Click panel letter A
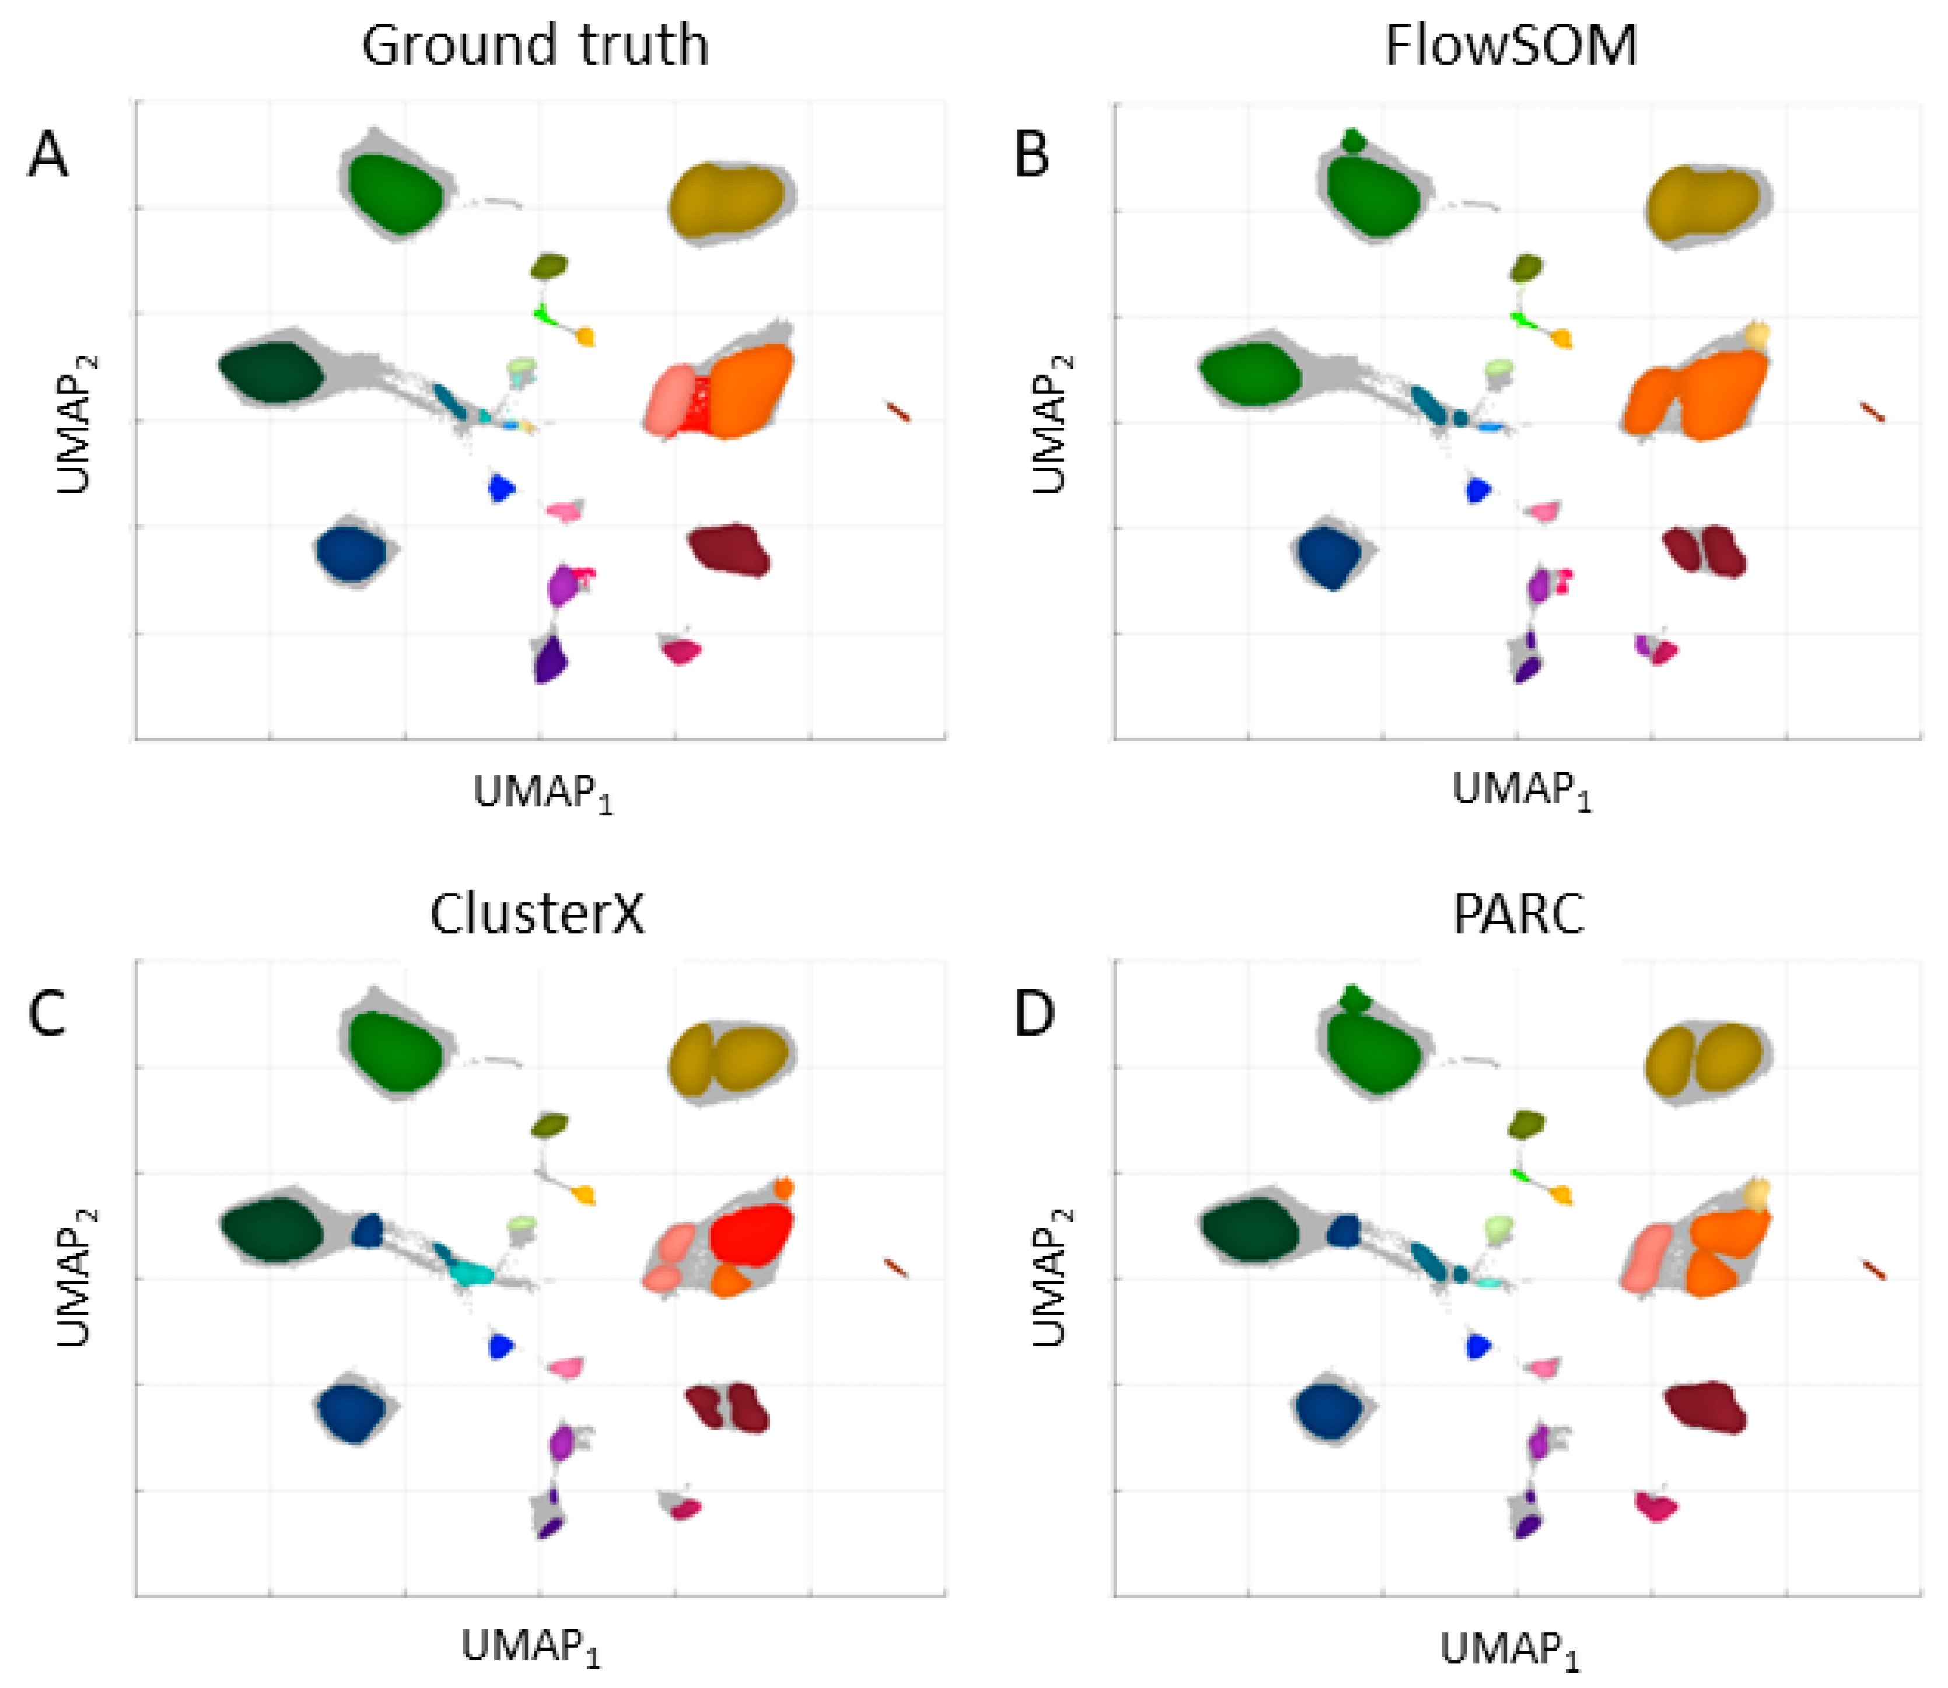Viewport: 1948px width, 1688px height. pyautogui.click(x=48, y=155)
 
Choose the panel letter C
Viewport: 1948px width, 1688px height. pyautogui.click(x=48, y=1014)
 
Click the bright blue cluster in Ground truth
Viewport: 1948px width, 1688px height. pyautogui.click(x=500, y=488)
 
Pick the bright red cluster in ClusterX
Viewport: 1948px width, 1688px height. pyautogui.click(x=751, y=1234)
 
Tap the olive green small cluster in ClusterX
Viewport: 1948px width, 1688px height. pyautogui.click(x=549, y=1124)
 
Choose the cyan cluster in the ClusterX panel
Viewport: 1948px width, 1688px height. pyautogui.click(x=467, y=1272)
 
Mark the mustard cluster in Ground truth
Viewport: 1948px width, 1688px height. pyautogui.click(x=725, y=201)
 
